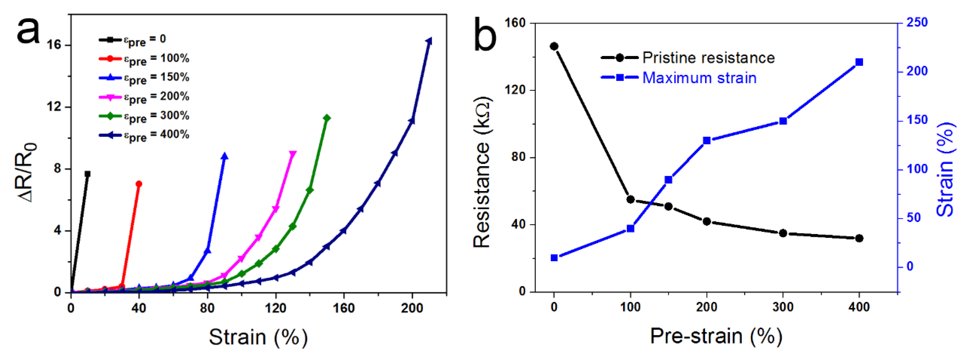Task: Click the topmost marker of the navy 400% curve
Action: (429, 41)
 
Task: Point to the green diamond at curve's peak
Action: (327, 118)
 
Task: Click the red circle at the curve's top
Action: (139, 184)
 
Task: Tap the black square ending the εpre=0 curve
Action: (88, 174)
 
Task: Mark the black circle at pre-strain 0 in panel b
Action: (554, 46)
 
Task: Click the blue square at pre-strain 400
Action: (859, 62)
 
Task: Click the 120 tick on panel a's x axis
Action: (276, 308)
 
